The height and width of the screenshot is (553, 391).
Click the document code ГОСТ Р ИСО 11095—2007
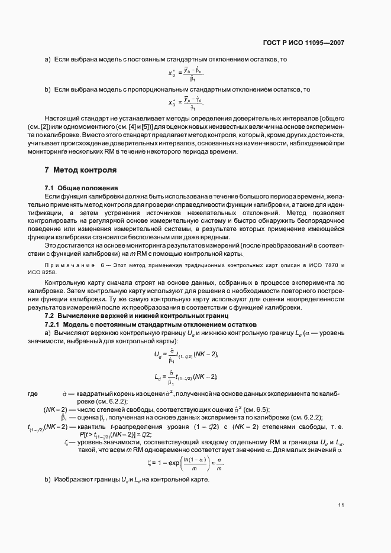point(304,43)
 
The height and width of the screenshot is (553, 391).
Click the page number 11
point(341,505)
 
